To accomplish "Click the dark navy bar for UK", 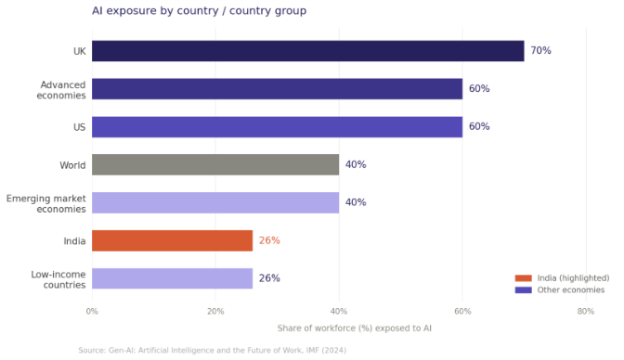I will (x=307, y=51).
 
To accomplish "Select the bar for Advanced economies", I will (x=277, y=89).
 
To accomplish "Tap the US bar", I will (x=277, y=127).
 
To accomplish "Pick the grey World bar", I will (x=215, y=165).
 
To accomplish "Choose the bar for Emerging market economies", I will (x=215, y=202).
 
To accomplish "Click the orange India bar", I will (x=172, y=240).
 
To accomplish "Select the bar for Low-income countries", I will (x=172, y=278).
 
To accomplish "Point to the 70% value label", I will (x=540, y=51).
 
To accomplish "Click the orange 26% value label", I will (x=269, y=240).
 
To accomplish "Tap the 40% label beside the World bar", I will (x=356, y=165).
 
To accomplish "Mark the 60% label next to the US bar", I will (x=479, y=127).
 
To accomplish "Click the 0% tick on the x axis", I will (x=92, y=311).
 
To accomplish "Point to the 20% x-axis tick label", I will (x=215, y=311).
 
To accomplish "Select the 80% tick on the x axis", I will (x=585, y=311).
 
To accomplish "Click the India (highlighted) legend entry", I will (x=562, y=277).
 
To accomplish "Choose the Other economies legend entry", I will (x=562, y=289).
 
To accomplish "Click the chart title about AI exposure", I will (x=199, y=11).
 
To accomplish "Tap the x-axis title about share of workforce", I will (x=354, y=328).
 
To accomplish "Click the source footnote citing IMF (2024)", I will (x=212, y=351).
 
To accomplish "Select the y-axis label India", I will (x=73, y=240).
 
